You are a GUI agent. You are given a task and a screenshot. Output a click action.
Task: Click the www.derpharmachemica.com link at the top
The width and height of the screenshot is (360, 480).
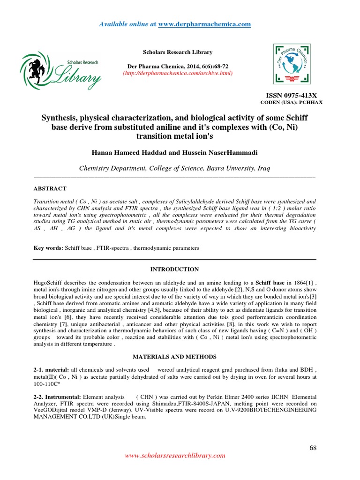(204, 24)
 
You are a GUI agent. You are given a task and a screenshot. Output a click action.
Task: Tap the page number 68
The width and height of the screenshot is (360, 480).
(313, 448)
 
